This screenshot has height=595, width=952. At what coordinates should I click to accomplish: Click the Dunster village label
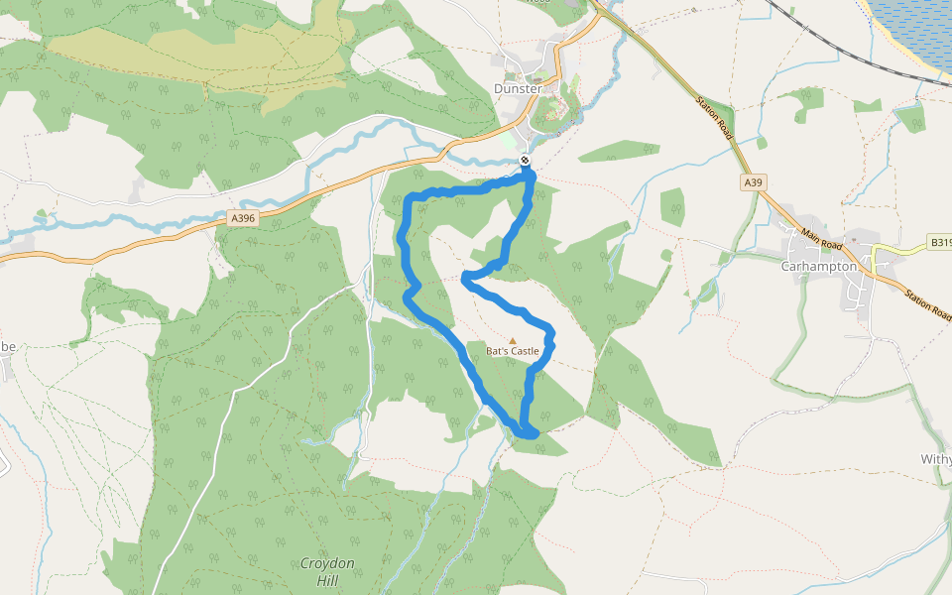coord(518,88)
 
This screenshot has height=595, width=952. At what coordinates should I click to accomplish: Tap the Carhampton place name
coord(818,266)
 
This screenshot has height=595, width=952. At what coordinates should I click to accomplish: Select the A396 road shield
coord(242,218)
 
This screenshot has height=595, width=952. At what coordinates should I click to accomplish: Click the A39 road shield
coord(754,182)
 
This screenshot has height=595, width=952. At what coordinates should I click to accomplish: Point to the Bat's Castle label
coord(513,351)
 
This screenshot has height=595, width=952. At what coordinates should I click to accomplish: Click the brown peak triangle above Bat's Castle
coord(513,340)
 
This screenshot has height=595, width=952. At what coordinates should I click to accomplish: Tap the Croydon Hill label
coord(327,571)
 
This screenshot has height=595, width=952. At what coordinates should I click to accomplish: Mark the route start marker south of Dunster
coord(525,161)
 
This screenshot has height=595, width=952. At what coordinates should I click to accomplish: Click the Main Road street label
coord(822,239)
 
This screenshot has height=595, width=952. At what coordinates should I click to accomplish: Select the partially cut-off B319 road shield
coord(940,241)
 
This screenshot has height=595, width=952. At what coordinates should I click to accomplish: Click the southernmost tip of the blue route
coord(531,434)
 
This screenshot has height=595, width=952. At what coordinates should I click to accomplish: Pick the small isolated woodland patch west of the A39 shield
coord(672,205)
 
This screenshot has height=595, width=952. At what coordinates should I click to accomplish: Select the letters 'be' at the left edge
coord(8,346)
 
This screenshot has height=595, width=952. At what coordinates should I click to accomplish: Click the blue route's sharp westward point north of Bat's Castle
coord(465,280)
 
